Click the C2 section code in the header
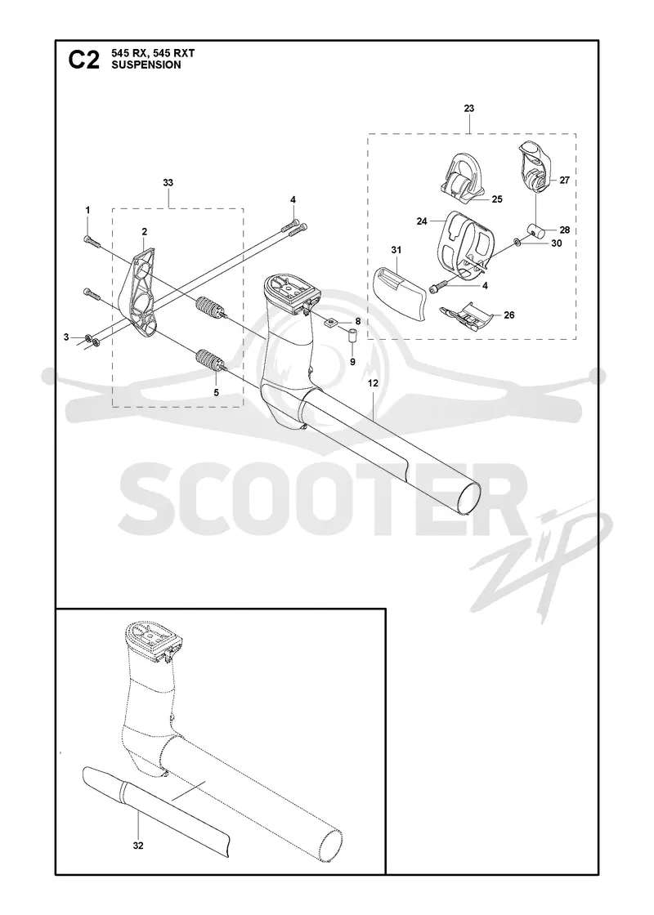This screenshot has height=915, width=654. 84,60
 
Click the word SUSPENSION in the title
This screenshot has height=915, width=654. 138,65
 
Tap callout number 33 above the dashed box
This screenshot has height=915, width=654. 168,183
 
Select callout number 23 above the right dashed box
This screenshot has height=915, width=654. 469,109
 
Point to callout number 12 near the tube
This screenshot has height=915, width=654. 373,383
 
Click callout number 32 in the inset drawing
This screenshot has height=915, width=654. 138,845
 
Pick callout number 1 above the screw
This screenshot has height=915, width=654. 87,209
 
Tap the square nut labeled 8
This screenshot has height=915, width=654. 332,322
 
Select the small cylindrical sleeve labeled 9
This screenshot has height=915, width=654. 352,337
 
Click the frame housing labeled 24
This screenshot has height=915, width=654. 465,245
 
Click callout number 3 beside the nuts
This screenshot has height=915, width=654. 66,337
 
